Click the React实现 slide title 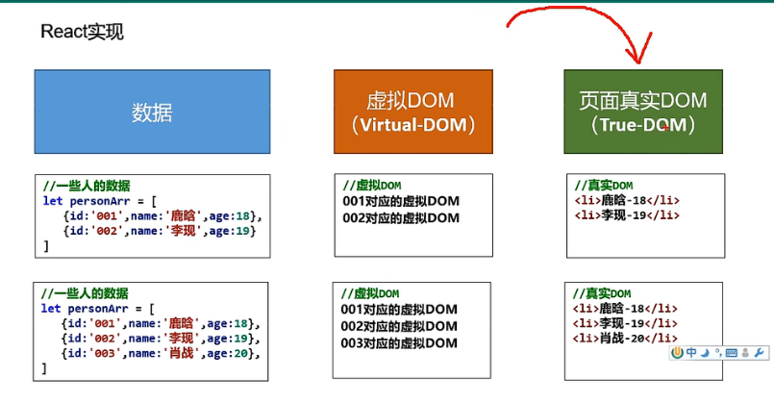point(82,32)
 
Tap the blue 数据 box point(152,113)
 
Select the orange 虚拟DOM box point(411,112)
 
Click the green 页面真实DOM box point(642,112)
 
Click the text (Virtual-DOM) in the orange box point(411,125)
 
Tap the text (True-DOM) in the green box point(643,125)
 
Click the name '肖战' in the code point(186,354)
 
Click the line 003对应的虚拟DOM point(399,343)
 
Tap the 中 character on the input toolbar point(691,353)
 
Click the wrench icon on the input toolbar point(760,353)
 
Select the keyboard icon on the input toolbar point(733,353)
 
